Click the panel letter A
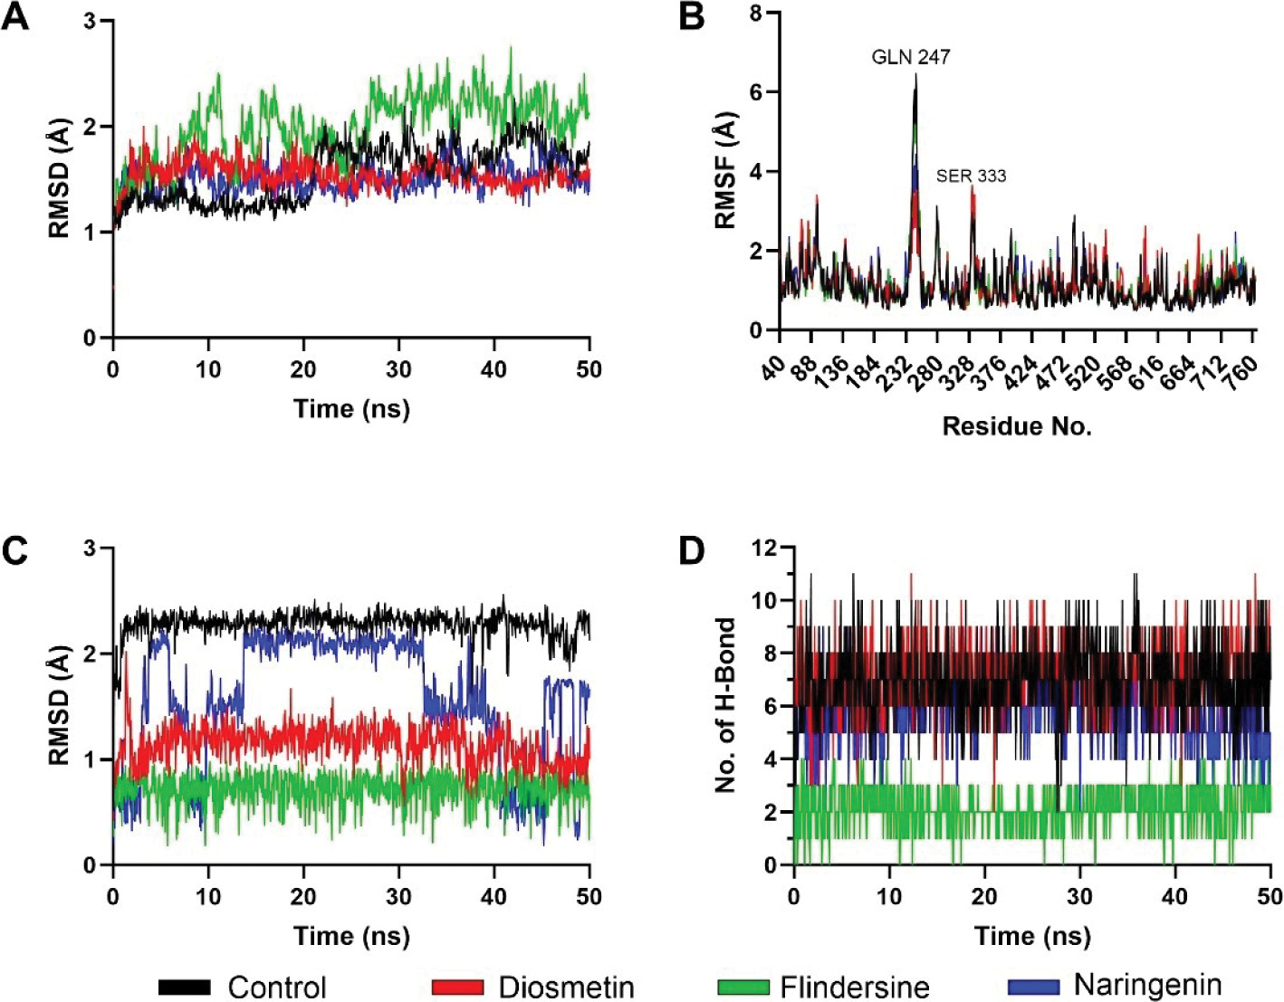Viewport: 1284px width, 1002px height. (16, 18)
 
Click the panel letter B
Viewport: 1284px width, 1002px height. (691, 18)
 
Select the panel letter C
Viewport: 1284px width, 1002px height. (16, 550)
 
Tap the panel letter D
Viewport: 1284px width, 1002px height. (691, 550)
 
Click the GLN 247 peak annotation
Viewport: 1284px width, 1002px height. (910, 57)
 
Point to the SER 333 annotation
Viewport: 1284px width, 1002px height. (971, 176)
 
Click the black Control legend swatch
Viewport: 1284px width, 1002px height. (185, 987)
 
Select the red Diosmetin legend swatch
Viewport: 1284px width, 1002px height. (457, 987)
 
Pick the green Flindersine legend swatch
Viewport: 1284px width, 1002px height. (743, 987)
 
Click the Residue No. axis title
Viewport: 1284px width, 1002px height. (1017, 426)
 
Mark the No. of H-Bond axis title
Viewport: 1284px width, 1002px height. (725, 706)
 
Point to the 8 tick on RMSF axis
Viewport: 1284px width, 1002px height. (754, 14)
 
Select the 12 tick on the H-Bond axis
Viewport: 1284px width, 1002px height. (765, 548)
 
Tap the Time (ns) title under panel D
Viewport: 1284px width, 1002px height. (1032, 936)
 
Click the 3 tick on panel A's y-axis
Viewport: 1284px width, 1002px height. (90, 20)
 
